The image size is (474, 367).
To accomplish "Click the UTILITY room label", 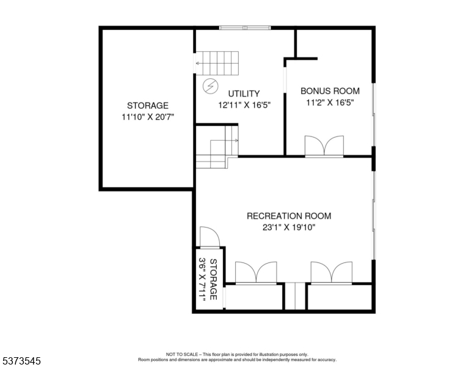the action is point(244,94).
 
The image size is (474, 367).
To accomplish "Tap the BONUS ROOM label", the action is point(330,91).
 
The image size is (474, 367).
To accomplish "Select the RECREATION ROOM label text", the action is point(289,216).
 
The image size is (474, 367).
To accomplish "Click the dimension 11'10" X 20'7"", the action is point(148,117).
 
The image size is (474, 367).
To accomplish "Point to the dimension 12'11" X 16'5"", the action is point(244,105).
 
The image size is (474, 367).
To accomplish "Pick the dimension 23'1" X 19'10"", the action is point(289,227).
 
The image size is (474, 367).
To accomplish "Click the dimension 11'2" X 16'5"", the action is point(330,103).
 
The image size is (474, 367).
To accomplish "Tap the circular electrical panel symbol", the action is point(210,86).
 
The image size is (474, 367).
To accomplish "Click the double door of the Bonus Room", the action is point(324,146).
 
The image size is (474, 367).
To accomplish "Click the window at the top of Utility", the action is point(245,28).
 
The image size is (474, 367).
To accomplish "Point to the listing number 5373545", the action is point(21,361).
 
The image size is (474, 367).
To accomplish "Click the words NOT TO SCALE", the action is point(182,354).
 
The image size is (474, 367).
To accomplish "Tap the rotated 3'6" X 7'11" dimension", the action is point(202,279).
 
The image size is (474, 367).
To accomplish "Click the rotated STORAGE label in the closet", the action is point(213,279).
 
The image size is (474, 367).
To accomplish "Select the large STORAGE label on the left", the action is point(148,105).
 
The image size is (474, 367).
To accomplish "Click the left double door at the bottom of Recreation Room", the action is point(256,273).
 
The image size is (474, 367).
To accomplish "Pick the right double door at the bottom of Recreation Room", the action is point(332,273).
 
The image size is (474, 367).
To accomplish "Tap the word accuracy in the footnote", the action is point(327,360).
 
